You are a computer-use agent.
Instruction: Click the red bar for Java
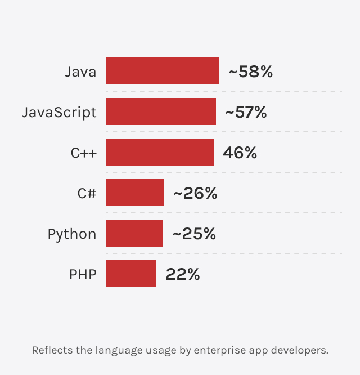tap(162, 71)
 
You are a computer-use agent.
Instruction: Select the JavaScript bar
tap(160, 111)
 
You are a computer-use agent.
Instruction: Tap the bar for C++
tap(159, 152)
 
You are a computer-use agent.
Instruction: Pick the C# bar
tap(134, 193)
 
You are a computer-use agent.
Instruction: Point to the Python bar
tap(134, 233)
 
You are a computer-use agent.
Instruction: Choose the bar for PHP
tap(130, 274)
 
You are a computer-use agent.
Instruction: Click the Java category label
tap(80, 72)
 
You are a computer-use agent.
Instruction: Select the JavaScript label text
tap(59, 112)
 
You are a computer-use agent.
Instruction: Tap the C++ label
tap(83, 153)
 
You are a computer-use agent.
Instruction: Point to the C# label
tap(87, 193)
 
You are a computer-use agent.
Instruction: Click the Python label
tap(72, 234)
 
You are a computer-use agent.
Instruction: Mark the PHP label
tap(83, 274)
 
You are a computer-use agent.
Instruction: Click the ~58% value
tap(250, 72)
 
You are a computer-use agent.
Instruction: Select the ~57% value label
tap(246, 112)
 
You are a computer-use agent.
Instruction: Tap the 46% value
tap(240, 153)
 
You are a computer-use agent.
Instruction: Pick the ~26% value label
tap(195, 193)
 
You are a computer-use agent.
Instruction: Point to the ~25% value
tap(194, 234)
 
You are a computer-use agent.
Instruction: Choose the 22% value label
tap(183, 274)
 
